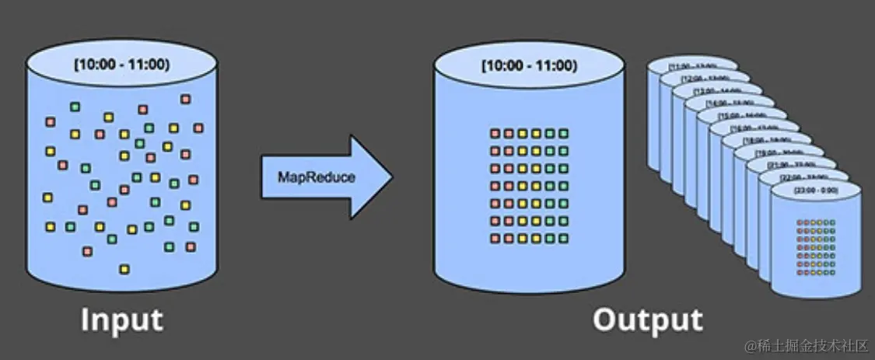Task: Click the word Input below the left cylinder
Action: (122, 320)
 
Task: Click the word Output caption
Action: (647, 320)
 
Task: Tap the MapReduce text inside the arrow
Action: (317, 177)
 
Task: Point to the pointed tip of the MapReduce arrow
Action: (391, 177)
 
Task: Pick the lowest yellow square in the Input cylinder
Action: (124, 269)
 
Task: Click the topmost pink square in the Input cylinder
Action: (185, 99)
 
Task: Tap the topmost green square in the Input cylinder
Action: (75, 106)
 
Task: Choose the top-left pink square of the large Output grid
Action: (495, 134)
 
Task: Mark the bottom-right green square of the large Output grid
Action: (564, 239)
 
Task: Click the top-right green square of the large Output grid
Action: (564, 134)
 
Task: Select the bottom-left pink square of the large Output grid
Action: (495, 239)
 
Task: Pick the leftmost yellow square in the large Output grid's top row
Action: (522, 134)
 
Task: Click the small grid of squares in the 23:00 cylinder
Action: (816, 248)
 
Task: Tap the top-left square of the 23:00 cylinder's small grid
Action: (801, 223)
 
